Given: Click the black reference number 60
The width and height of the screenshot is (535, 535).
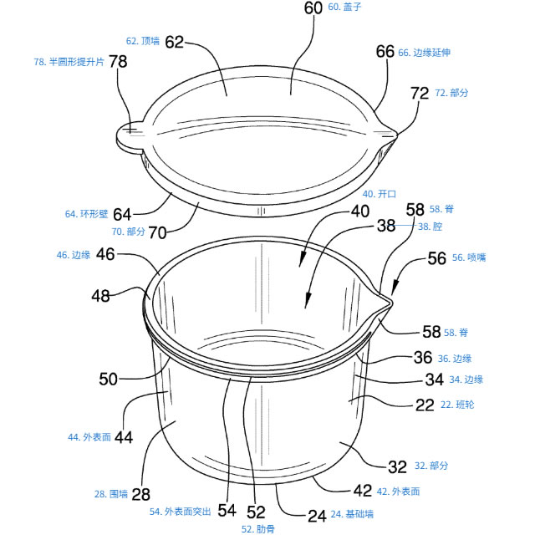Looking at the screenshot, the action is [313, 8].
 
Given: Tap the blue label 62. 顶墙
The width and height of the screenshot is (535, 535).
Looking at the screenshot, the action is [143, 41].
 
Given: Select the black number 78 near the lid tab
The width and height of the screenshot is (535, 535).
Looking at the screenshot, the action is [118, 62].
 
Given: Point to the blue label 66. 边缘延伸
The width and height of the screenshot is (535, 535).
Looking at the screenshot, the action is [424, 53].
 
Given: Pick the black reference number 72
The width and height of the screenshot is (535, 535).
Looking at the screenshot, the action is [420, 94].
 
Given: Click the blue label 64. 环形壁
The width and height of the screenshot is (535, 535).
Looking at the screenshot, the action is [86, 214].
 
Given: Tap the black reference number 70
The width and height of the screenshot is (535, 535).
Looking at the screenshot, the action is [157, 232].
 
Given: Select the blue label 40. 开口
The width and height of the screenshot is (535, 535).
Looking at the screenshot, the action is [380, 194].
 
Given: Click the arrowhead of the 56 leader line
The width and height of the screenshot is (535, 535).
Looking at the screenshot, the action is [395, 288].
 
